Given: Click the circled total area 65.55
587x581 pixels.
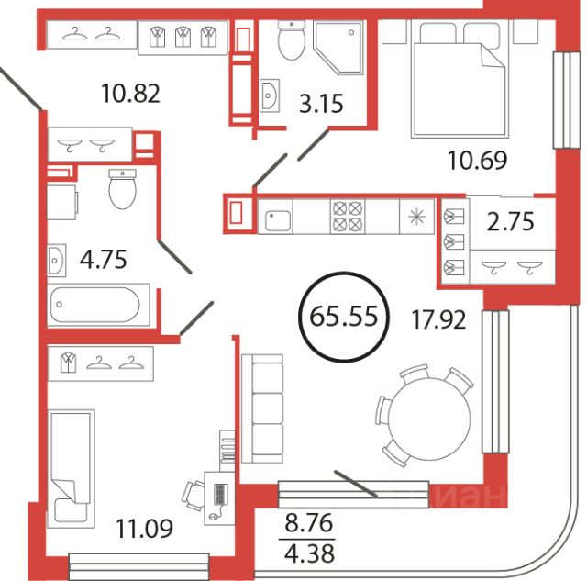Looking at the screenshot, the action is coord(344,317).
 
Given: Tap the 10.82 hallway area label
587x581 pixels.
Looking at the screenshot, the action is coord(130,94).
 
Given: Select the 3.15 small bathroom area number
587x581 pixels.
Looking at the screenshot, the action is coord(321,104).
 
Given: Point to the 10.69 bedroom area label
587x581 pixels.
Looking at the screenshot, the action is coord(477,160).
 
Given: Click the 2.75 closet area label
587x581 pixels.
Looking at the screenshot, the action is coord(511,222).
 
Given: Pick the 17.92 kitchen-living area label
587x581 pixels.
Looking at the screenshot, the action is coord(438,319).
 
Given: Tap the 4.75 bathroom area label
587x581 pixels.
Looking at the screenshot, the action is coord(104,259).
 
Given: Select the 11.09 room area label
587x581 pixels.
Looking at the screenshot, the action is coord(144,529).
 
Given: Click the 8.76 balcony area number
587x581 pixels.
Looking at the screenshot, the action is coord(309,523).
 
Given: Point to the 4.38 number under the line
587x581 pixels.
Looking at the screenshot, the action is coord(309,553).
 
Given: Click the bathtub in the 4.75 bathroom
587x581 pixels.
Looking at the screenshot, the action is coord(98,305).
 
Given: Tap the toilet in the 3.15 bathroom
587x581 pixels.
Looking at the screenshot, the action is coord(292,40).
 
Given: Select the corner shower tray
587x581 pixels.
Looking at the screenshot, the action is coord(338,46).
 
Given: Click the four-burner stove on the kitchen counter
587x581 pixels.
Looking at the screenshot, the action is coord(348,217).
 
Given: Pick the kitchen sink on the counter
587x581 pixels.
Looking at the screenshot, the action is coord(277,220).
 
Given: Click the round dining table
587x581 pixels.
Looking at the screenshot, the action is coord(429,419).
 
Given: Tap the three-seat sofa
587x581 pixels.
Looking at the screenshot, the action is coord(262,408).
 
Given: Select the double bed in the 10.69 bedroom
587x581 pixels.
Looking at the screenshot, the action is coord(460,79).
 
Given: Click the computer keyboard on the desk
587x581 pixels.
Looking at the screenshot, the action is coord(220,494).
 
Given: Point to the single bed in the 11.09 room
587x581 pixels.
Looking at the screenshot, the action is coord(72,469).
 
